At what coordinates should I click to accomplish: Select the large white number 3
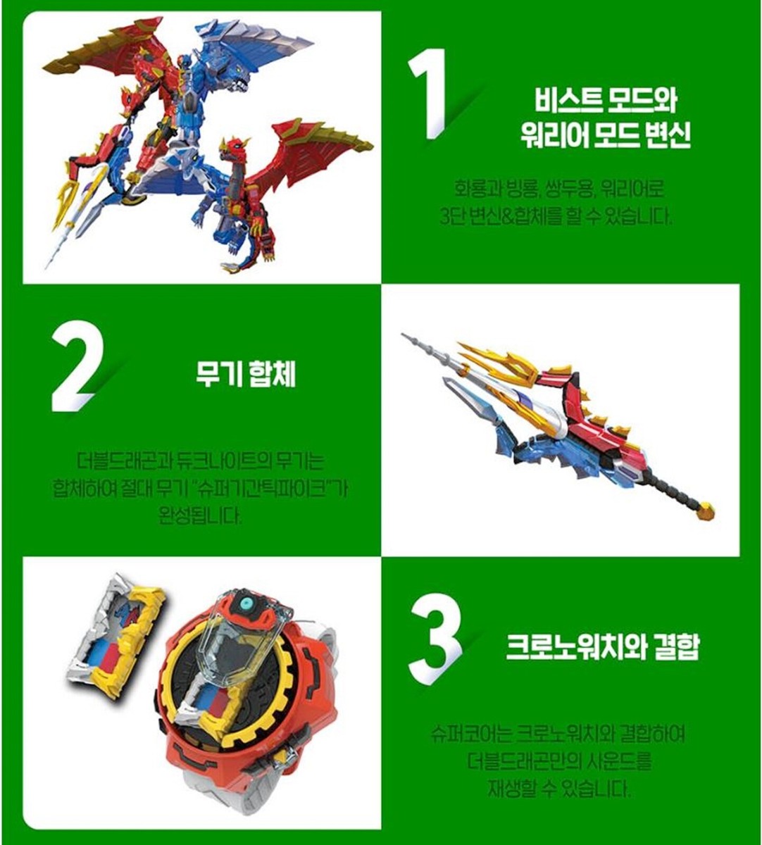point(435,640)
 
